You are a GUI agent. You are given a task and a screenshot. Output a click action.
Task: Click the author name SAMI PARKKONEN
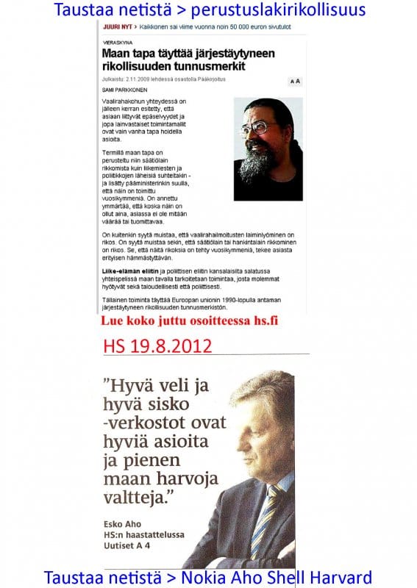[x=123, y=88]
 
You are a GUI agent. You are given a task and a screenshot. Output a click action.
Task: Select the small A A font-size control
[x=294, y=81]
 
